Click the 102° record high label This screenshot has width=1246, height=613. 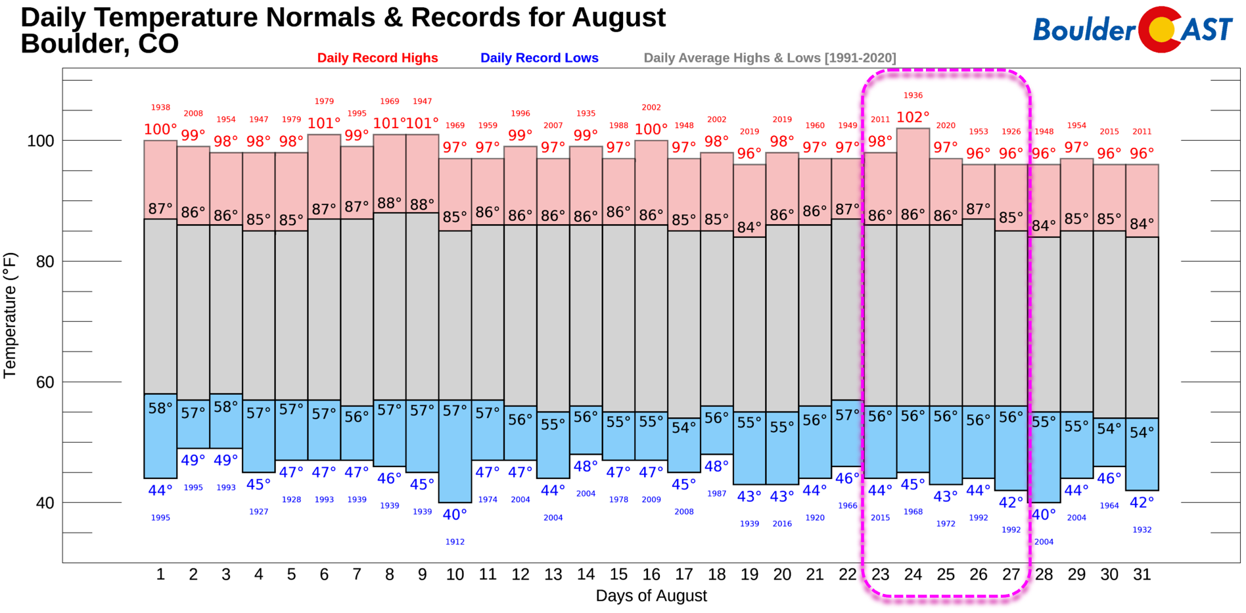click(x=913, y=118)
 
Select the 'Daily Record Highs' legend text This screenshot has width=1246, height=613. click(x=377, y=58)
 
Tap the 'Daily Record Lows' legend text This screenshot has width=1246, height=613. click(x=539, y=58)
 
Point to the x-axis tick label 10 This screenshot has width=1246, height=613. click(x=455, y=575)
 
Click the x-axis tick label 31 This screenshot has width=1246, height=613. click(x=1142, y=575)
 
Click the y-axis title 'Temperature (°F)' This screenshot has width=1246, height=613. click(x=9, y=315)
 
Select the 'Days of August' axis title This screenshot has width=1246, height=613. click(x=651, y=596)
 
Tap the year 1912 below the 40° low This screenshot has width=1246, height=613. click(x=455, y=542)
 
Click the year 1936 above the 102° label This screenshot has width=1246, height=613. click(x=913, y=95)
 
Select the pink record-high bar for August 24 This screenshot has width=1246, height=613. click(x=913, y=177)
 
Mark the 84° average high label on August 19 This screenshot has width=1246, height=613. click(x=749, y=227)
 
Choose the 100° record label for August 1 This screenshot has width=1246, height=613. click(x=160, y=129)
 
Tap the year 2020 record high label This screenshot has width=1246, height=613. click(x=946, y=125)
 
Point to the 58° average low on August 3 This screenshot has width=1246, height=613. click(x=225, y=407)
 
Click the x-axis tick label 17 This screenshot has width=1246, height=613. click(x=683, y=575)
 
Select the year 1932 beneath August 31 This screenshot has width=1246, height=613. click(x=1142, y=530)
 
